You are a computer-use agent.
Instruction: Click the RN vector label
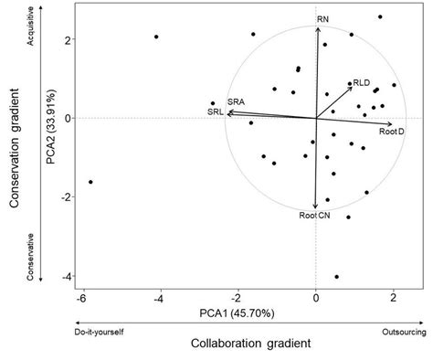322,18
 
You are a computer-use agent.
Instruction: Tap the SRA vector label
236,101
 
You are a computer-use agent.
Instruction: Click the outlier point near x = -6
90,182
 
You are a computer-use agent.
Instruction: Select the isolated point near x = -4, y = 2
156,37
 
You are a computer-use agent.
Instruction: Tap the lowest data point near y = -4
337,277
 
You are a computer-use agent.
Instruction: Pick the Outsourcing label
401,333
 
